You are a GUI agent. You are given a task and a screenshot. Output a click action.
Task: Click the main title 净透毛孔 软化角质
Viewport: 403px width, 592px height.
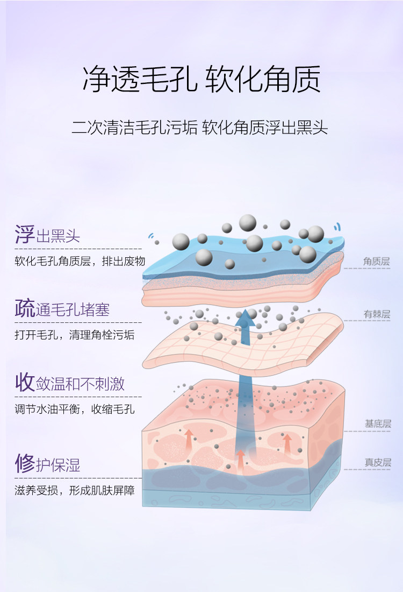click(x=201, y=80)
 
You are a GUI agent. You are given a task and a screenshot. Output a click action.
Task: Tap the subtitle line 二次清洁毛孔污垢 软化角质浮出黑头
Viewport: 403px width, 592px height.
click(x=200, y=129)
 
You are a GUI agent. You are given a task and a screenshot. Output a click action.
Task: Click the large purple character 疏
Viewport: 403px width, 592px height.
click(x=25, y=309)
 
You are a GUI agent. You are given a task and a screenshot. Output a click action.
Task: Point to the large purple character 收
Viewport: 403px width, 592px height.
click(x=25, y=383)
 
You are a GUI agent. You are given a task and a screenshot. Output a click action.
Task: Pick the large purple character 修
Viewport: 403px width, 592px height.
click(x=25, y=463)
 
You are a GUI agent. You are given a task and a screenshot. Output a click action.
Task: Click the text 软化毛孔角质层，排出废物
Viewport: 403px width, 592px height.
click(x=80, y=262)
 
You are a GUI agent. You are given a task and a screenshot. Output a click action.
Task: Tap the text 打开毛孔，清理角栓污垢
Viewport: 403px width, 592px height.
click(x=74, y=335)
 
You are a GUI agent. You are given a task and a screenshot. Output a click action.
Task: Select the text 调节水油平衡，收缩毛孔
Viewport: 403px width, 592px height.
click(x=74, y=410)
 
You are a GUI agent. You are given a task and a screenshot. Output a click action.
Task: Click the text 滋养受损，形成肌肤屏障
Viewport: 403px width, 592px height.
click(x=74, y=490)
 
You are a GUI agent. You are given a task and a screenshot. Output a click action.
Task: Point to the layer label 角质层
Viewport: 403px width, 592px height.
click(x=376, y=262)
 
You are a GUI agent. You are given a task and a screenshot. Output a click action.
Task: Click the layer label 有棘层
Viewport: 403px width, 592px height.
click(x=376, y=315)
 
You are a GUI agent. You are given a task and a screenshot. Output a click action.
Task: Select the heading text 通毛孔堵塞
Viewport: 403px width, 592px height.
click(x=73, y=311)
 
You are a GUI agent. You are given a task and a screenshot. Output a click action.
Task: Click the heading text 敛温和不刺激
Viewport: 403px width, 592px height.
click(x=80, y=384)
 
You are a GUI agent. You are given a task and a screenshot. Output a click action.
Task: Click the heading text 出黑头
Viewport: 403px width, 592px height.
click(x=58, y=236)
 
